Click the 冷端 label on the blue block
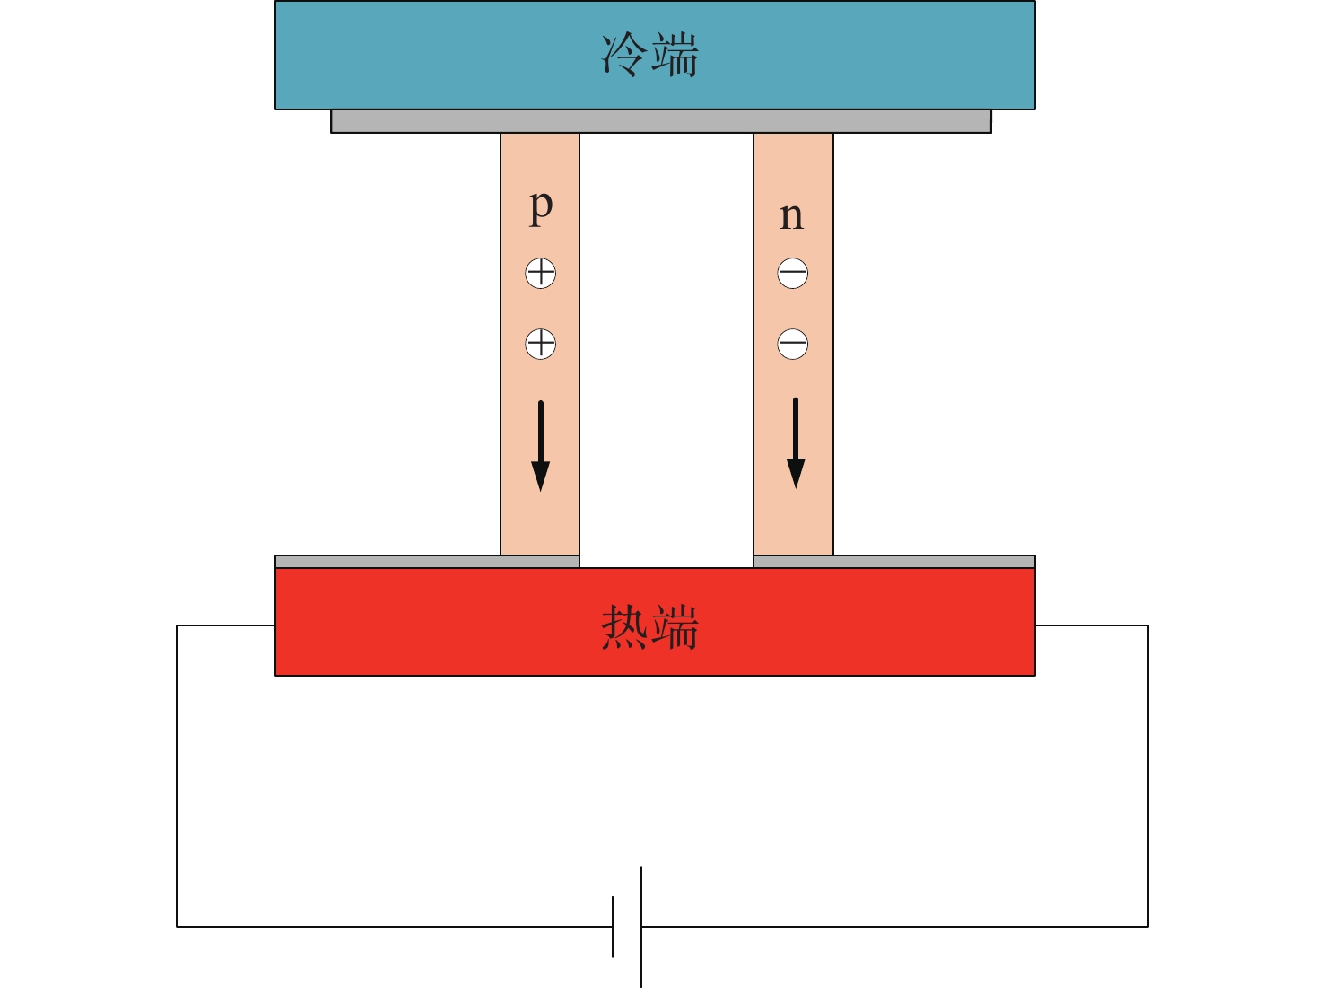pos(650,55)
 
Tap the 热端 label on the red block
pos(650,627)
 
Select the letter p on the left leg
pos(541,207)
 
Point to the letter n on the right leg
pos(791,216)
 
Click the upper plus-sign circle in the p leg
pos(541,273)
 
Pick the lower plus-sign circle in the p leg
pos(541,345)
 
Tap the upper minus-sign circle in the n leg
pos(793,273)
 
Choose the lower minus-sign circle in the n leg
pos(793,345)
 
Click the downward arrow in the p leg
pos(541,446)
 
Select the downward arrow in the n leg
pos(796,443)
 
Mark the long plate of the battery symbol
pos(641,927)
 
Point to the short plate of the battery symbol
pos(613,927)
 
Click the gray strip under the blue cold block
pos(661,121)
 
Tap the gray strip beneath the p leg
pos(427,562)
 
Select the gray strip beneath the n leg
pos(894,562)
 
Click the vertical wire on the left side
pos(177,776)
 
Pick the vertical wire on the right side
pos(1148,776)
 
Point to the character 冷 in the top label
pos(623,55)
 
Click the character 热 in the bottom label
pos(623,627)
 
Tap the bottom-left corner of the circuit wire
pos(177,927)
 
